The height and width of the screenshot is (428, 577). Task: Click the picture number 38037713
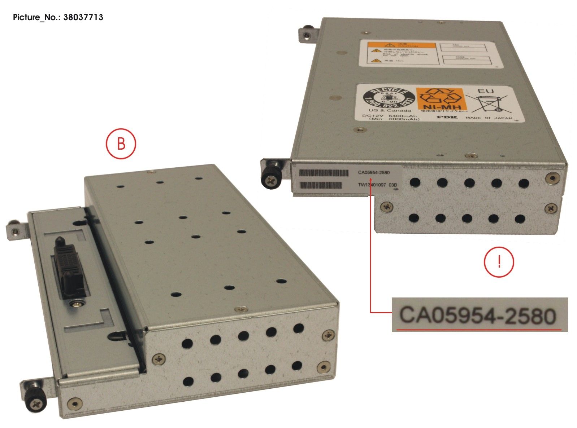[58, 17]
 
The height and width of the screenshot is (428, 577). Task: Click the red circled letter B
[121, 144]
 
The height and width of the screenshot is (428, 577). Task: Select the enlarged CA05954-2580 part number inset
[479, 315]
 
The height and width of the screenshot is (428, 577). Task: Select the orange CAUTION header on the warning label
[401, 46]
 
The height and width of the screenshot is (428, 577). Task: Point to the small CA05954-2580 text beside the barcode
[374, 173]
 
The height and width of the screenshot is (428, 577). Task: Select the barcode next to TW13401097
[321, 185]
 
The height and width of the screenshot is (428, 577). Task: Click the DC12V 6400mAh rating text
[391, 116]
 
